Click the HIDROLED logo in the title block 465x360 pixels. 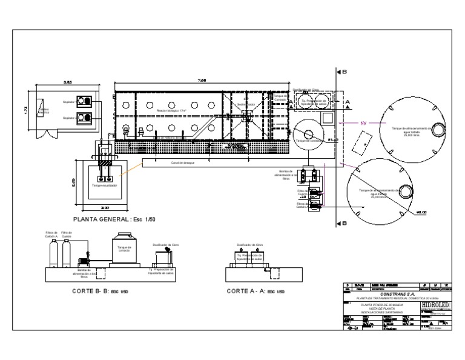coord(434,301)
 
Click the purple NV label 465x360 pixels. coord(364,124)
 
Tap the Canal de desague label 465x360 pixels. coord(182,164)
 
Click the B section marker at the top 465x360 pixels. coord(344,72)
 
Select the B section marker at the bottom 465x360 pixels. coord(344,223)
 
